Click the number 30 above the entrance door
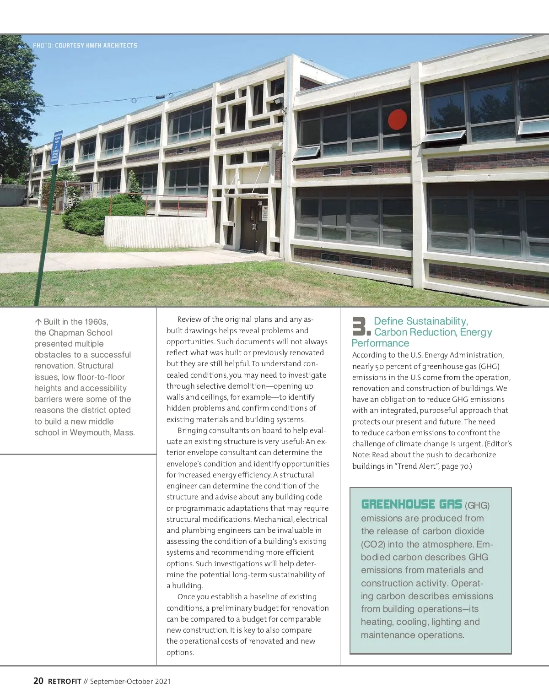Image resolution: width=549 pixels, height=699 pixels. tap(260, 203)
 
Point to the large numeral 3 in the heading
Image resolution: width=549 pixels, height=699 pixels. tap(360, 327)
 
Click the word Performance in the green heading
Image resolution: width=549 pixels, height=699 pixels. tap(380, 343)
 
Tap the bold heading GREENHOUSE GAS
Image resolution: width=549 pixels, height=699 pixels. tap(411, 504)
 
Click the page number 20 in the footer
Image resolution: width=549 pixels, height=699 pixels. tap(38, 681)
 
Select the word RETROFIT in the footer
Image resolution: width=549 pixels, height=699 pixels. tap(65, 681)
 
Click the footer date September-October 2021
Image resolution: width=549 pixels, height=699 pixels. tap(130, 681)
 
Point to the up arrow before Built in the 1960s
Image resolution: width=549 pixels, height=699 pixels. tap(38, 322)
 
